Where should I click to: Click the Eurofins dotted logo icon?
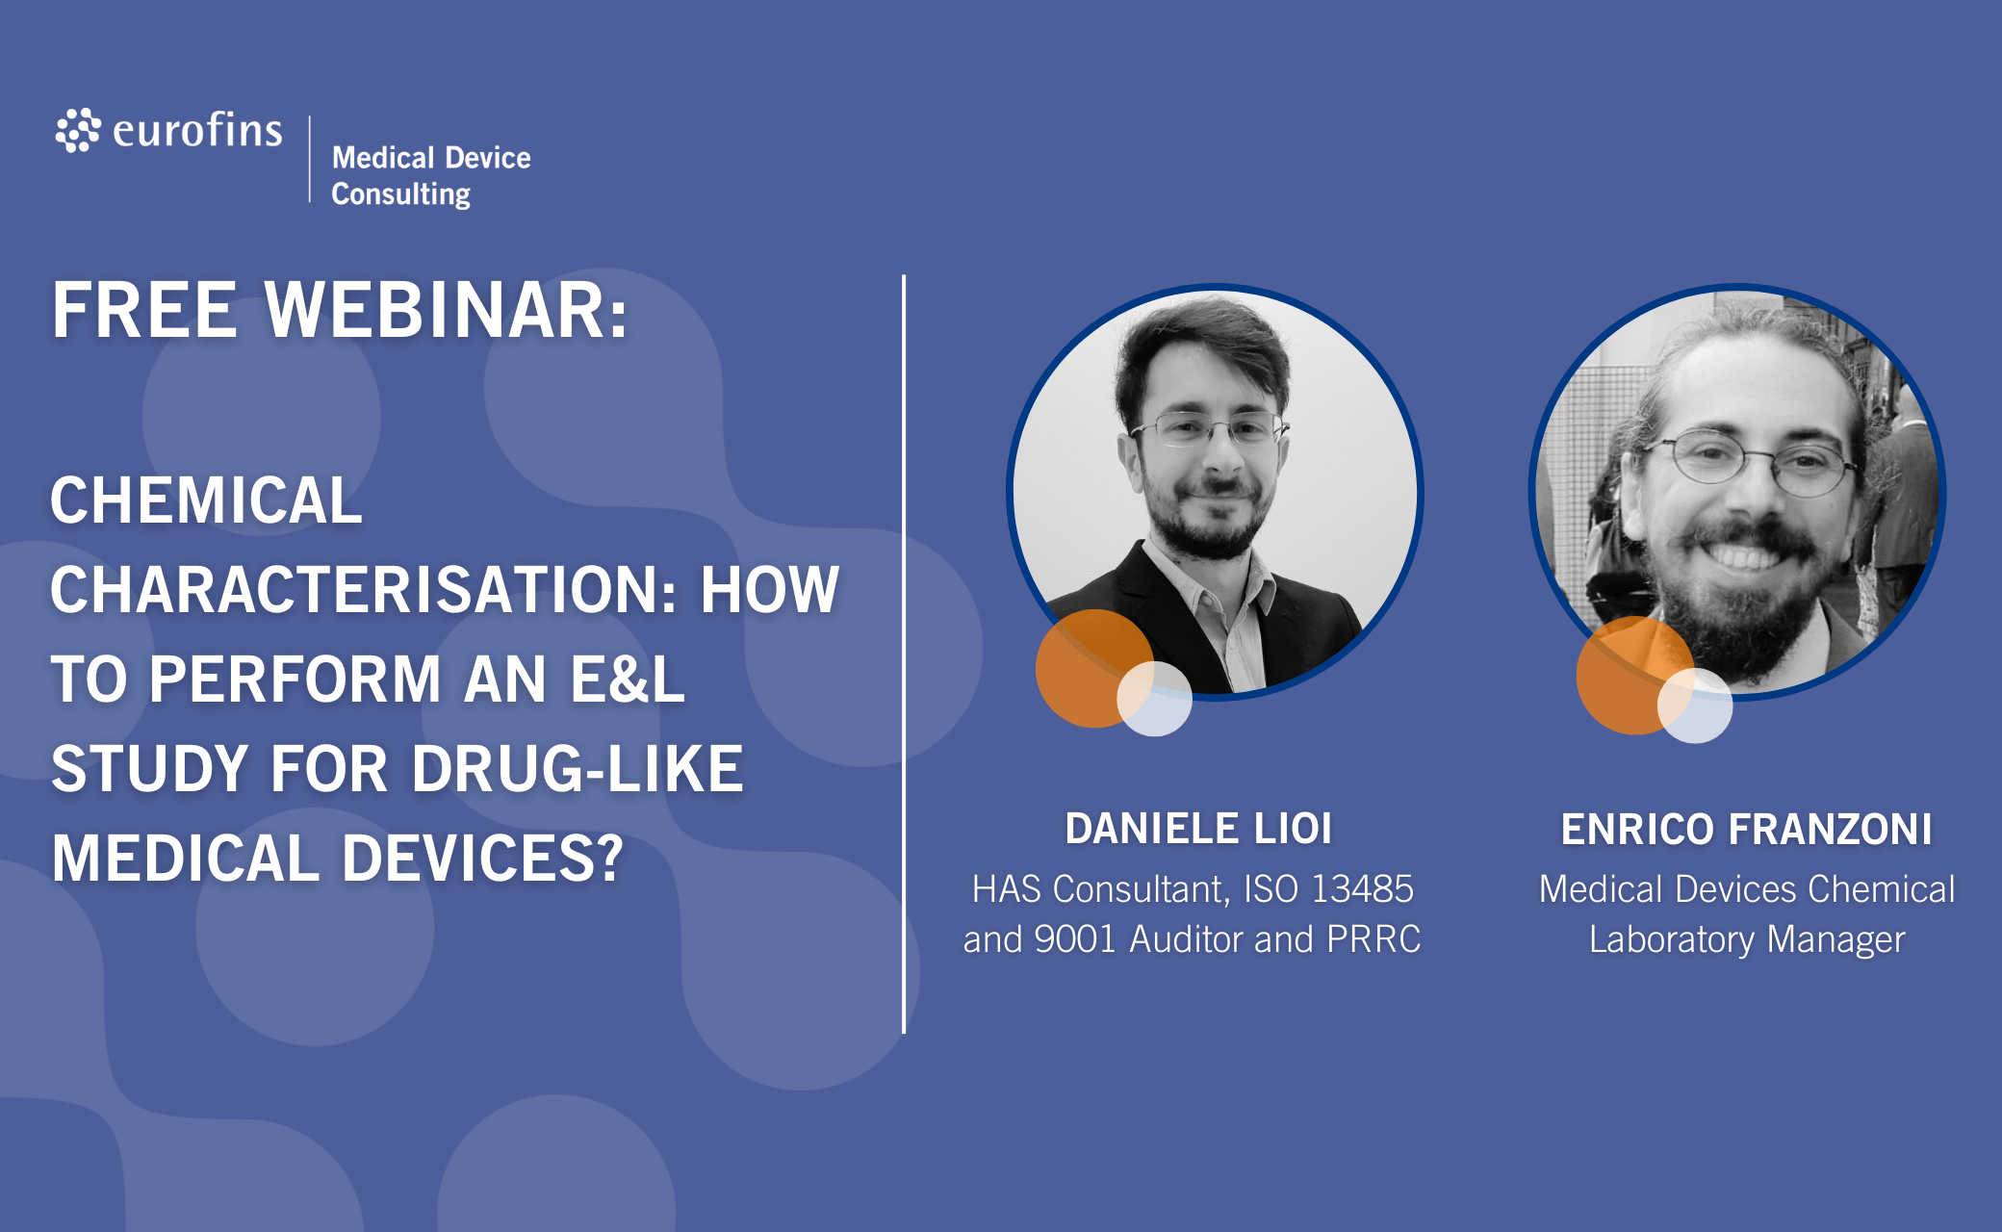coord(78,130)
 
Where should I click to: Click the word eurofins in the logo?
coord(197,130)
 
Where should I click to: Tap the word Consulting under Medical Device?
coord(400,193)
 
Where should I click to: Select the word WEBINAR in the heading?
coord(447,310)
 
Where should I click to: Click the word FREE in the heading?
coord(144,310)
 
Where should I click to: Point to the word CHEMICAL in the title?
coord(206,500)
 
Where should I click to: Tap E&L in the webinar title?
coord(627,680)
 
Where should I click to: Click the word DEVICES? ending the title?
coord(483,858)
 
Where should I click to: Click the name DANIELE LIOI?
coord(1198,829)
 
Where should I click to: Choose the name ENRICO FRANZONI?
coord(1746,830)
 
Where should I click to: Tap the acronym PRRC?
coord(1373,939)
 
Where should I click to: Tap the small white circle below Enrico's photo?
coord(1695,706)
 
